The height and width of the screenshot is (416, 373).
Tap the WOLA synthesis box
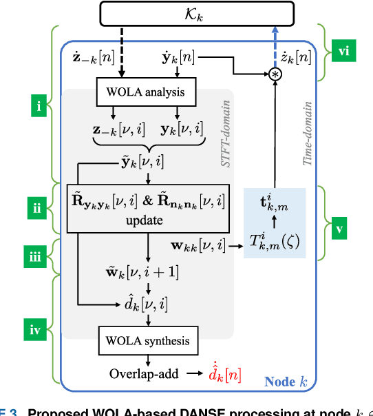coord(147,340)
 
